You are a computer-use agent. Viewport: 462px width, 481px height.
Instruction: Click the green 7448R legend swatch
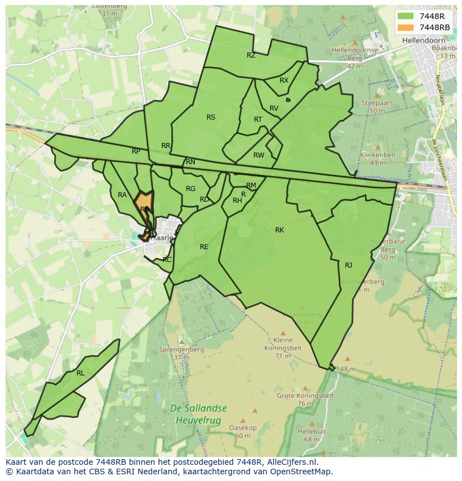coord(406,16)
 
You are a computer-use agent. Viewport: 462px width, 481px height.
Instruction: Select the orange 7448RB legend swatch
coord(406,27)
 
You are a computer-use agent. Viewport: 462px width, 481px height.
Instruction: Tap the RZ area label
coord(251,55)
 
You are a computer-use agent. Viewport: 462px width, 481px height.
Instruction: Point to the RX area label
coord(284,80)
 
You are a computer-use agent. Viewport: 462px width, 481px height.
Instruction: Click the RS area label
coord(211,117)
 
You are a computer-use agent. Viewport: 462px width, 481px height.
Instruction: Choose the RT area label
coord(258,120)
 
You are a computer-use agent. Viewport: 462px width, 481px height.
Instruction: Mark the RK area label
coord(280,230)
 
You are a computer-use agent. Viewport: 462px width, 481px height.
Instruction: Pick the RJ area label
coord(349,265)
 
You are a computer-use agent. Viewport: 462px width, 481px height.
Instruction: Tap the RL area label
coord(80,373)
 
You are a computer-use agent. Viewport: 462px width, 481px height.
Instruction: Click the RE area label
coord(204,247)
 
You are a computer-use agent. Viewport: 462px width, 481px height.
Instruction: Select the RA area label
coord(122,195)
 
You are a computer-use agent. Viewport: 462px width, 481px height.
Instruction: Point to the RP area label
coord(136,151)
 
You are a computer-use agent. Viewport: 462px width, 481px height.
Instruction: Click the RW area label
coord(258,155)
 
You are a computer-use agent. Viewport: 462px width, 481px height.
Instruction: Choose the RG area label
coord(191,189)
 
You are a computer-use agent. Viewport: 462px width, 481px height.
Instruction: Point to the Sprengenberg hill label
coord(181,350)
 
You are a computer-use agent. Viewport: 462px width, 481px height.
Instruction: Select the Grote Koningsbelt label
coord(305,396)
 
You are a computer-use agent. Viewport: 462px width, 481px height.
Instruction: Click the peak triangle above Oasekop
coord(242,420)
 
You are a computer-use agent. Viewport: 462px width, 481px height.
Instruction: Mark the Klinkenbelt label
coord(378,155)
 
